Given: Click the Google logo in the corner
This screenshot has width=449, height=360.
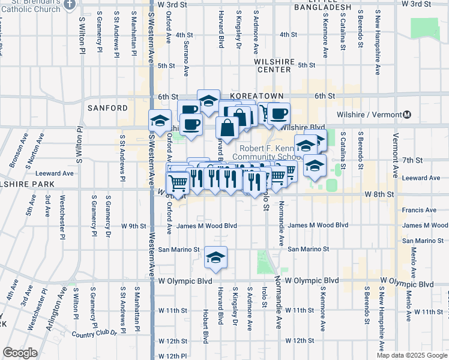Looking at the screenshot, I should pos(20,353).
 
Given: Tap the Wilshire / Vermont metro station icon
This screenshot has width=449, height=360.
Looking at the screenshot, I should pos(407,115).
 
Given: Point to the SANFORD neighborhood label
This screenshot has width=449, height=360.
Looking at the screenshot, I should pos(107,108).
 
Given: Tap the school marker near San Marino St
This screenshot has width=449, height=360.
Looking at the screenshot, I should pos(215,258).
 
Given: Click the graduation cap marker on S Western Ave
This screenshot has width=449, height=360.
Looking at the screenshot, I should pos(160,122).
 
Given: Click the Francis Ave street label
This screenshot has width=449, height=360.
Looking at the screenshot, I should pos(420,210).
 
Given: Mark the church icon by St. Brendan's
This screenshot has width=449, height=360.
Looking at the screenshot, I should pos(70,5).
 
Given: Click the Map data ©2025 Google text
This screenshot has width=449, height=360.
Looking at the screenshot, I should pos(412,355).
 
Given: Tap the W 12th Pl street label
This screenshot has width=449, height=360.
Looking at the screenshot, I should pos(164,356).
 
